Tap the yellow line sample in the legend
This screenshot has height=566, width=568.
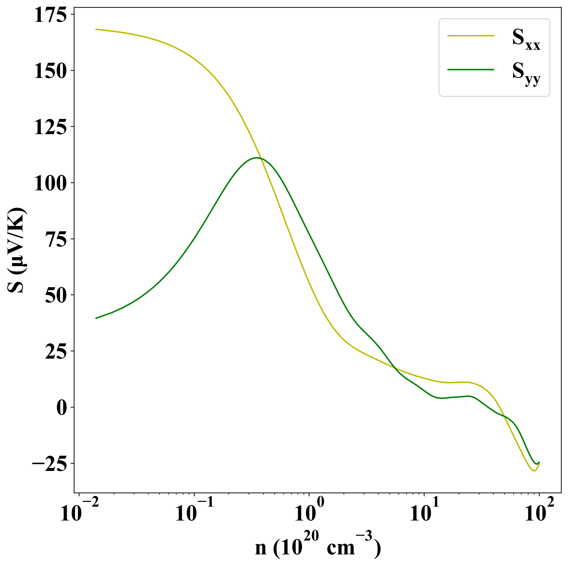pos(471,36)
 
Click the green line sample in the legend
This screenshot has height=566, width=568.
pos(471,70)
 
